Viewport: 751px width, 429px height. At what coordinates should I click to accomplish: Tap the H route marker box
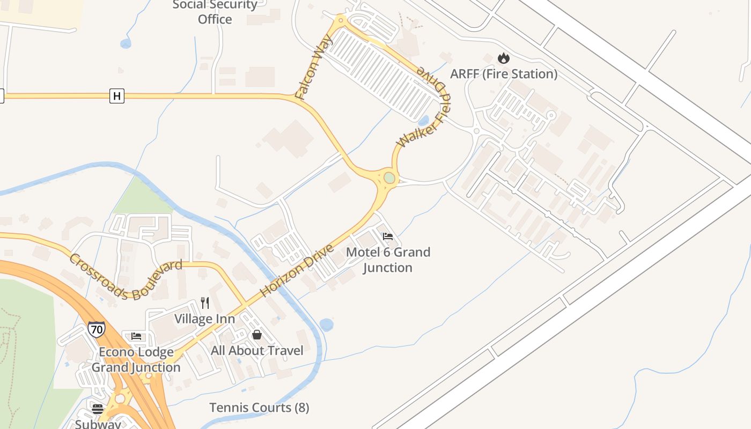click(116, 96)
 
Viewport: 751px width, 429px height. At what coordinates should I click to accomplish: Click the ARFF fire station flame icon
click(503, 58)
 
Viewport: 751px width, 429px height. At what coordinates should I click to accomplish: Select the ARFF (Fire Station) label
click(504, 74)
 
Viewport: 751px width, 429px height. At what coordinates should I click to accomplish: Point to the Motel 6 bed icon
click(388, 236)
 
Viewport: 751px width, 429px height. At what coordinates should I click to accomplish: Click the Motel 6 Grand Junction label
click(388, 260)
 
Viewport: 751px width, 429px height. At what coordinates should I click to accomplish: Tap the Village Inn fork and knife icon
click(205, 303)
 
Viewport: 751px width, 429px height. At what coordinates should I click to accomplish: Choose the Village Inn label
click(204, 319)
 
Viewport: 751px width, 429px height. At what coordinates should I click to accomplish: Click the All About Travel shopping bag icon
click(257, 335)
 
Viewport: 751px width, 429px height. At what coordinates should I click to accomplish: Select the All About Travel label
click(257, 350)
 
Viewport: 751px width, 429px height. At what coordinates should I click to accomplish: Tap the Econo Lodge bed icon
click(136, 336)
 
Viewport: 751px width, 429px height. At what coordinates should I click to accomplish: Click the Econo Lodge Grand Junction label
click(136, 359)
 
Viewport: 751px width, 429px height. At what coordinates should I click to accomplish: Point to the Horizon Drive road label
click(297, 270)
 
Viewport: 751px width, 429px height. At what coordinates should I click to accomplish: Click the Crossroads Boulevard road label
click(126, 277)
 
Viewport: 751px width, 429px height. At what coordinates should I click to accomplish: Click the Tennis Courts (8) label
click(259, 408)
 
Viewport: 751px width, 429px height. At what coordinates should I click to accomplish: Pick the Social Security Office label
click(215, 12)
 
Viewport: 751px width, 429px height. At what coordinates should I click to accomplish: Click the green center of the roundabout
click(389, 177)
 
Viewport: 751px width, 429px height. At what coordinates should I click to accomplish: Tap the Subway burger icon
click(97, 409)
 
